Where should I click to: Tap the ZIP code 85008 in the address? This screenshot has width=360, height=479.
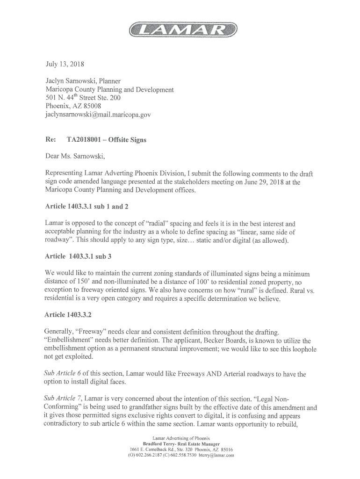91,106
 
